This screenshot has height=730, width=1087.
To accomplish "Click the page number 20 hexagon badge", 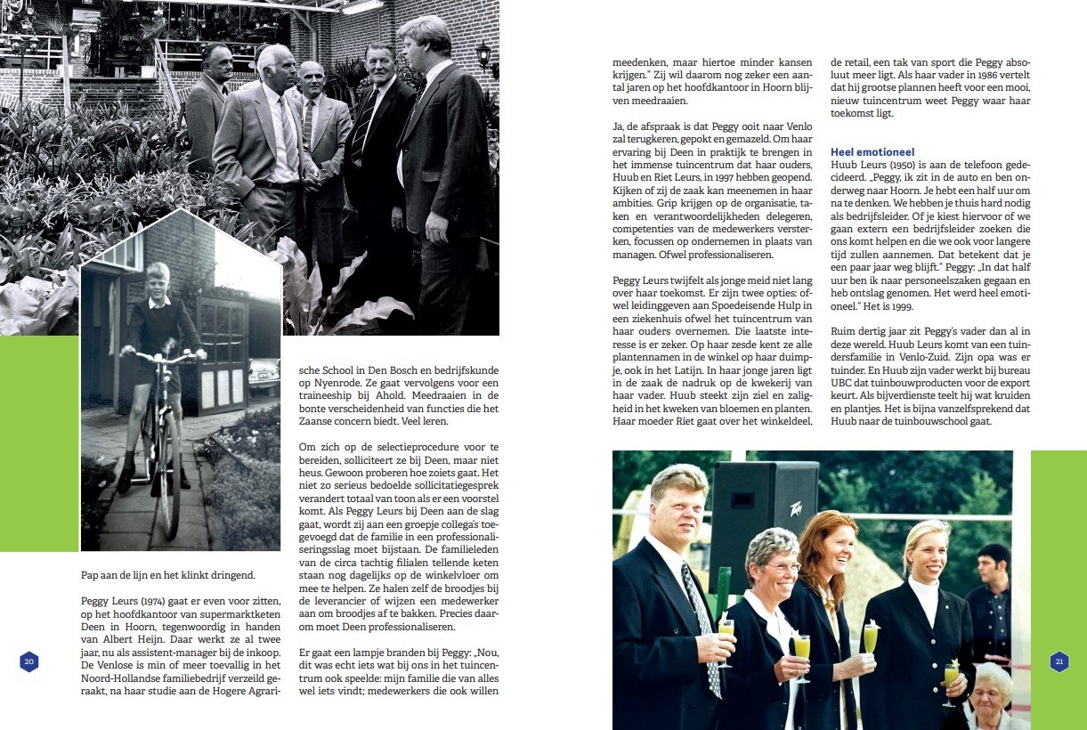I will tap(29, 661).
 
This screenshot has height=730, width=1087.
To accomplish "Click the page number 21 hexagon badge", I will tap(1059, 661).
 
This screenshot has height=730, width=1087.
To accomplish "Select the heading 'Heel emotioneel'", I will tap(872, 152).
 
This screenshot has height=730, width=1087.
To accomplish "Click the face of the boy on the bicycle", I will tap(158, 280).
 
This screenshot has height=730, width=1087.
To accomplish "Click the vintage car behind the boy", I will tap(264, 375).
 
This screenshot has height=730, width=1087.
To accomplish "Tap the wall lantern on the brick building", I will tap(483, 55).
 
